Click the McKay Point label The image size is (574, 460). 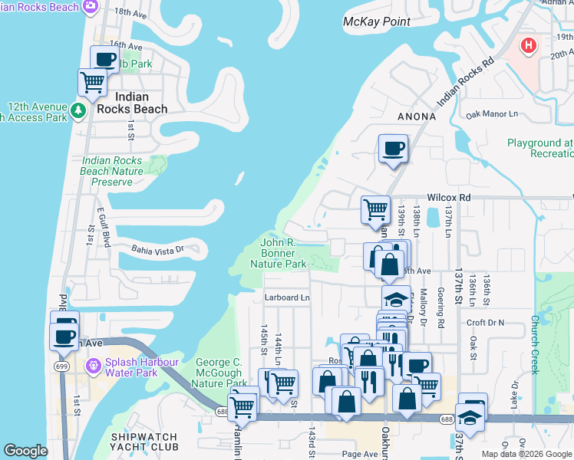[376, 21]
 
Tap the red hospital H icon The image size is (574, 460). [528, 46]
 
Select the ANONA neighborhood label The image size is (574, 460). [417, 117]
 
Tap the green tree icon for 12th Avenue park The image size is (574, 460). [78, 112]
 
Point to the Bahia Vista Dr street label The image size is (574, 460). [157, 249]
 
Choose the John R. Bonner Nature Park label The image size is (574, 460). [278, 253]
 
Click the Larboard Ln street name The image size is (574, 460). [287, 297]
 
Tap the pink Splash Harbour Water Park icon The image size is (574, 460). [94, 366]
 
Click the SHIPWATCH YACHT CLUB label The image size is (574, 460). [143, 442]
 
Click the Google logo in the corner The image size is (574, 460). [25, 451]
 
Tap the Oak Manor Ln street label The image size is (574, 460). [492, 115]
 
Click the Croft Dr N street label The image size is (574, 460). [485, 324]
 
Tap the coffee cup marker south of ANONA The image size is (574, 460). [393, 148]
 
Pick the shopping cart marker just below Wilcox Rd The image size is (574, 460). [375, 209]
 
